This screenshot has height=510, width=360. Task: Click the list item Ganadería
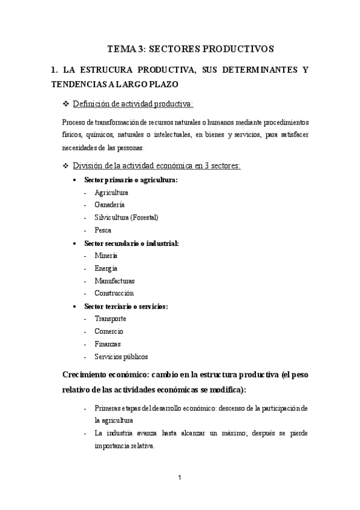[109, 204]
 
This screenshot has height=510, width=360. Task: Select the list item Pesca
[103, 230]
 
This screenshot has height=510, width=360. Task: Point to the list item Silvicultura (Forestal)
[126, 217]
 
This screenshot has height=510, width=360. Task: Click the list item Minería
[106, 256]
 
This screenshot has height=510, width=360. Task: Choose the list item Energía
[106, 268]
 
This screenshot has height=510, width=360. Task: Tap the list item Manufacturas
[114, 281]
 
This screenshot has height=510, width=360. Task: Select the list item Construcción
[114, 293]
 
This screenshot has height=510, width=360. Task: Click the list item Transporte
[110, 319]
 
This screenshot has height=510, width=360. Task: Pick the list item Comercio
[109, 331]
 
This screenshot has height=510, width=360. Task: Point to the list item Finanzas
[108, 344]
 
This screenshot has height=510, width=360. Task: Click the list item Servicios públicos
[121, 357]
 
